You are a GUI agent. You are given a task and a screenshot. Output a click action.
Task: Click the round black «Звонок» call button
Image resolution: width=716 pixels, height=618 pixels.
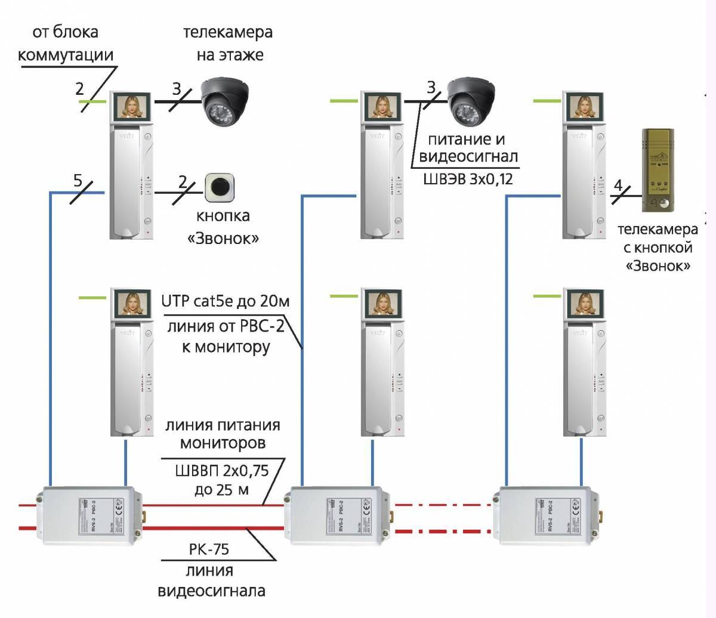pyautogui.click(x=221, y=187)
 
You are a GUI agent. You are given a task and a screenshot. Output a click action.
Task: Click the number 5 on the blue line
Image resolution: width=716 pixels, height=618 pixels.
pyautogui.click(x=78, y=180)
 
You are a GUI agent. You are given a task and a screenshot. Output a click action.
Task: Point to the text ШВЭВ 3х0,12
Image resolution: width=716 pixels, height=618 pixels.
pyautogui.click(x=468, y=179)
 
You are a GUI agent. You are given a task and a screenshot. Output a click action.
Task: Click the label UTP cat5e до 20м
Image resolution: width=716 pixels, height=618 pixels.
pyautogui.click(x=225, y=302)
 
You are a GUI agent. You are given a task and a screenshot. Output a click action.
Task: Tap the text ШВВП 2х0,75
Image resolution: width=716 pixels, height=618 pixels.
pyautogui.click(x=222, y=471)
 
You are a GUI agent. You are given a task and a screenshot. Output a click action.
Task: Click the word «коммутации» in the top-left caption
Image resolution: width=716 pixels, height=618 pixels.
pyautogui.click(x=66, y=55)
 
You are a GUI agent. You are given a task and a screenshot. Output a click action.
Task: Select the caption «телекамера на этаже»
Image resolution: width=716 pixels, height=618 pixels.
pyautogui.click(x=228, y=43)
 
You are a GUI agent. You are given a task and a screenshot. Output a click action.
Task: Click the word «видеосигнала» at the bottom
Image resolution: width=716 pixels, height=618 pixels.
pyautogui.click(x=212, y=592)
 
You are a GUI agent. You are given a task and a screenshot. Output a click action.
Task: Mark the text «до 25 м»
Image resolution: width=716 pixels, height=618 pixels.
pyautogui.click(x=221, y=490)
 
